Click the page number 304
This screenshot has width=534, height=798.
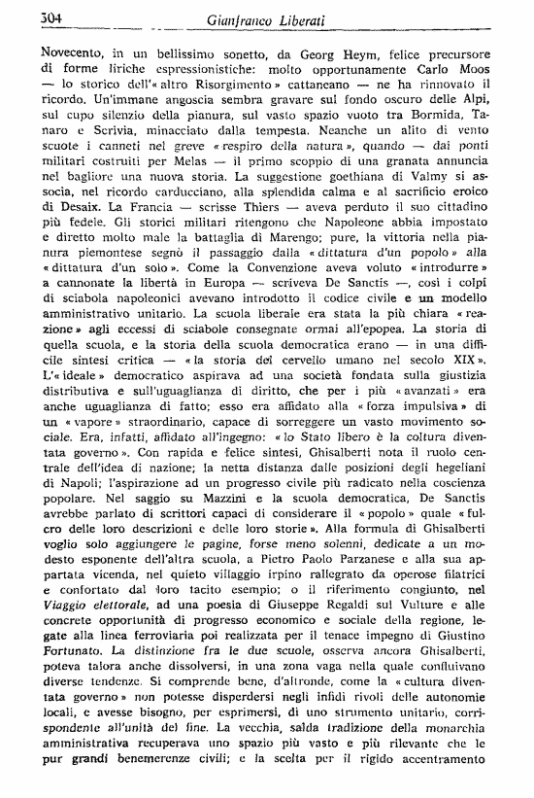pos(50,17)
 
